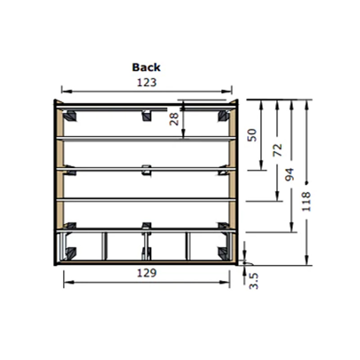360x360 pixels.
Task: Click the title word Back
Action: (x=146, y=67)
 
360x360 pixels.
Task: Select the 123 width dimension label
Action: (x=147, y=82)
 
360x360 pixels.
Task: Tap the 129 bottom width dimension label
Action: (x=147, y=273)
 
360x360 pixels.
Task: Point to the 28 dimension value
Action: (x=174, y=118)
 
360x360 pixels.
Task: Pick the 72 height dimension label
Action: (x=277, y=150)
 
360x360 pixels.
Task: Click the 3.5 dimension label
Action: (x=254, y=280)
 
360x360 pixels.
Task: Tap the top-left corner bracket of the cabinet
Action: (x=70, y=116)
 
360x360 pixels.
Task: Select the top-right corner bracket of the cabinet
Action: (x=223, y=116)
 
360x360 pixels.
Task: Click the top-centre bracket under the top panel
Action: (x=147, y=116)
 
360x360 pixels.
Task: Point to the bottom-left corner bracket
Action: (x=70, y=253)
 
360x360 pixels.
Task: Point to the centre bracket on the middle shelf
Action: (x=146, y=170)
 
